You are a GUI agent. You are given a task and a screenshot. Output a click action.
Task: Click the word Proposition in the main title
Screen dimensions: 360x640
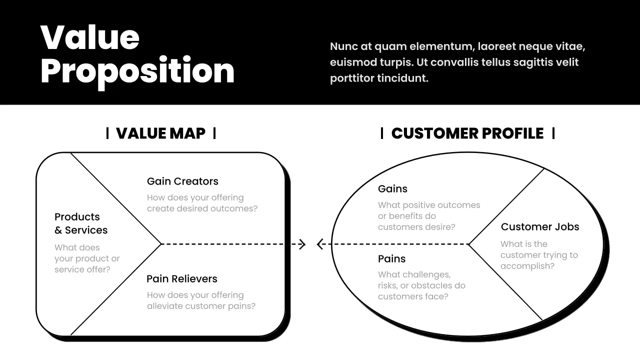pos(137,70)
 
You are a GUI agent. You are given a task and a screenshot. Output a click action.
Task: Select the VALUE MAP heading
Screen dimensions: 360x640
pos(160,133)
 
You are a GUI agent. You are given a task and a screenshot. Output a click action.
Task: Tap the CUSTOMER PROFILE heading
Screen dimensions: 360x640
pos(467,133)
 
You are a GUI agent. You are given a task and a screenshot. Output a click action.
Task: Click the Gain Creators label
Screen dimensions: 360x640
pos(182,181)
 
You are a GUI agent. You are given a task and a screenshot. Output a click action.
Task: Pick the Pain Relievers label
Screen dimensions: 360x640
pos(182,279)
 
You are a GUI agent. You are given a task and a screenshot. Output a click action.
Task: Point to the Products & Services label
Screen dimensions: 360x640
pos(81,223)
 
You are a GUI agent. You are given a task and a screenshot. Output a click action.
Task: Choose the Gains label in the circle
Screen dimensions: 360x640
pos(392,189)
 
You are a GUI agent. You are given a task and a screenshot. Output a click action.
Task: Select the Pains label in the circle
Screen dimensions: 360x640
pos(391,259)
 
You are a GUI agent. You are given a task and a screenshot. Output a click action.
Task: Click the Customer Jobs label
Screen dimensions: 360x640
pos(540,227)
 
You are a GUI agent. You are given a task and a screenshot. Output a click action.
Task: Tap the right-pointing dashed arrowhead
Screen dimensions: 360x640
pos(301,244)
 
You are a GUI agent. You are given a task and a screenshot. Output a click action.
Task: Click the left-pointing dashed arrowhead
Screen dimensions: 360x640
pos(320,244)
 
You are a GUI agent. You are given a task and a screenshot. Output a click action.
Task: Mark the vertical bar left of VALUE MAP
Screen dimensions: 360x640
pos(107,133)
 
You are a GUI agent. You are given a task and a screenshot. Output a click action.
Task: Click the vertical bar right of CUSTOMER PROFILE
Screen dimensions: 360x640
pos(553,133)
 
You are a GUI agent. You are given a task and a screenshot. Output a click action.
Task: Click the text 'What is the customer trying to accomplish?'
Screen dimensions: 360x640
pos(539,255)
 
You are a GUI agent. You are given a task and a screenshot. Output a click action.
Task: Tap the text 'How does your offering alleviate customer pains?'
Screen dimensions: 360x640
pos(201,300)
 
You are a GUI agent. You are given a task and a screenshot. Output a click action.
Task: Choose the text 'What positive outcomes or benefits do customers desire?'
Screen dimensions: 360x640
pos(429,216)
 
